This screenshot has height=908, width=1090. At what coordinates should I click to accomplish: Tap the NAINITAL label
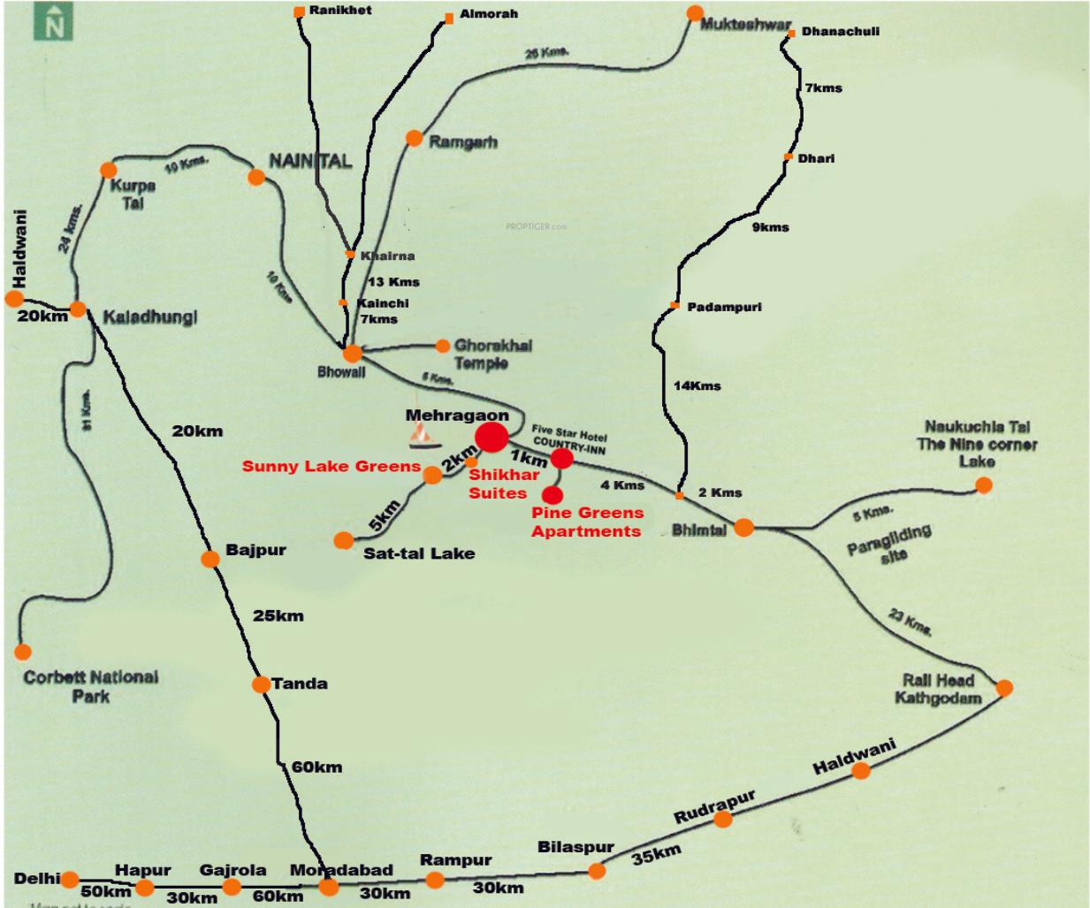click(x=310, y=161)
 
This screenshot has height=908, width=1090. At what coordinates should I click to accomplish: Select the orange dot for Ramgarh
click(x=414, y=138)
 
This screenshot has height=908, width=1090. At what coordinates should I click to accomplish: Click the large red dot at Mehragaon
click(x=492, y=437)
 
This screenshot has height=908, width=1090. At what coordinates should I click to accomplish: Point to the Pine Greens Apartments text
click(x=587, y=522)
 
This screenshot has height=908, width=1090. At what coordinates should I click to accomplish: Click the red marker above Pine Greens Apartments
click(x=553, y=494)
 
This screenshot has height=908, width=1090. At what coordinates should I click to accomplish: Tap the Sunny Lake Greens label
click(x=332, y=466)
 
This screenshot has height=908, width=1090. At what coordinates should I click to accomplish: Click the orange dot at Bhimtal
click(x=743, y=528)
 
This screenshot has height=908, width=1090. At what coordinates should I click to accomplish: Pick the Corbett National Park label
click(x=91, y=686)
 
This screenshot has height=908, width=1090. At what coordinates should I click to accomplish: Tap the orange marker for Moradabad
click(x=329, y=886)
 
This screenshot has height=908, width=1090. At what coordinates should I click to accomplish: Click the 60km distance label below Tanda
click(x=316, y=767)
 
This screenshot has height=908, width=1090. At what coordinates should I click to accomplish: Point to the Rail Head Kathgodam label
click(x=938, y=689)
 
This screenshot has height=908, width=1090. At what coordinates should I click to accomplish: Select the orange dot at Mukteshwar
click(x=695, y=13)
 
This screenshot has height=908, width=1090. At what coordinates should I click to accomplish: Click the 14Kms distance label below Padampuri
click(x=697, y=385)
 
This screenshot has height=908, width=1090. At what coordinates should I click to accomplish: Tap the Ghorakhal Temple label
click(x=493, y=354)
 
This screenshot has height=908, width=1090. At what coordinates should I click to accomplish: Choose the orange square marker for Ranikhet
click(x=299, y=11)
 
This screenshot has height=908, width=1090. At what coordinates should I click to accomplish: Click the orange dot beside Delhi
click(x=70, y=880)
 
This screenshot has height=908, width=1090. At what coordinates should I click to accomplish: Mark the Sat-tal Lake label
click(x=419, y=553)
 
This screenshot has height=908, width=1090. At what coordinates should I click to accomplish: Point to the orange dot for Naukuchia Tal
click(x=983, y=485)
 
